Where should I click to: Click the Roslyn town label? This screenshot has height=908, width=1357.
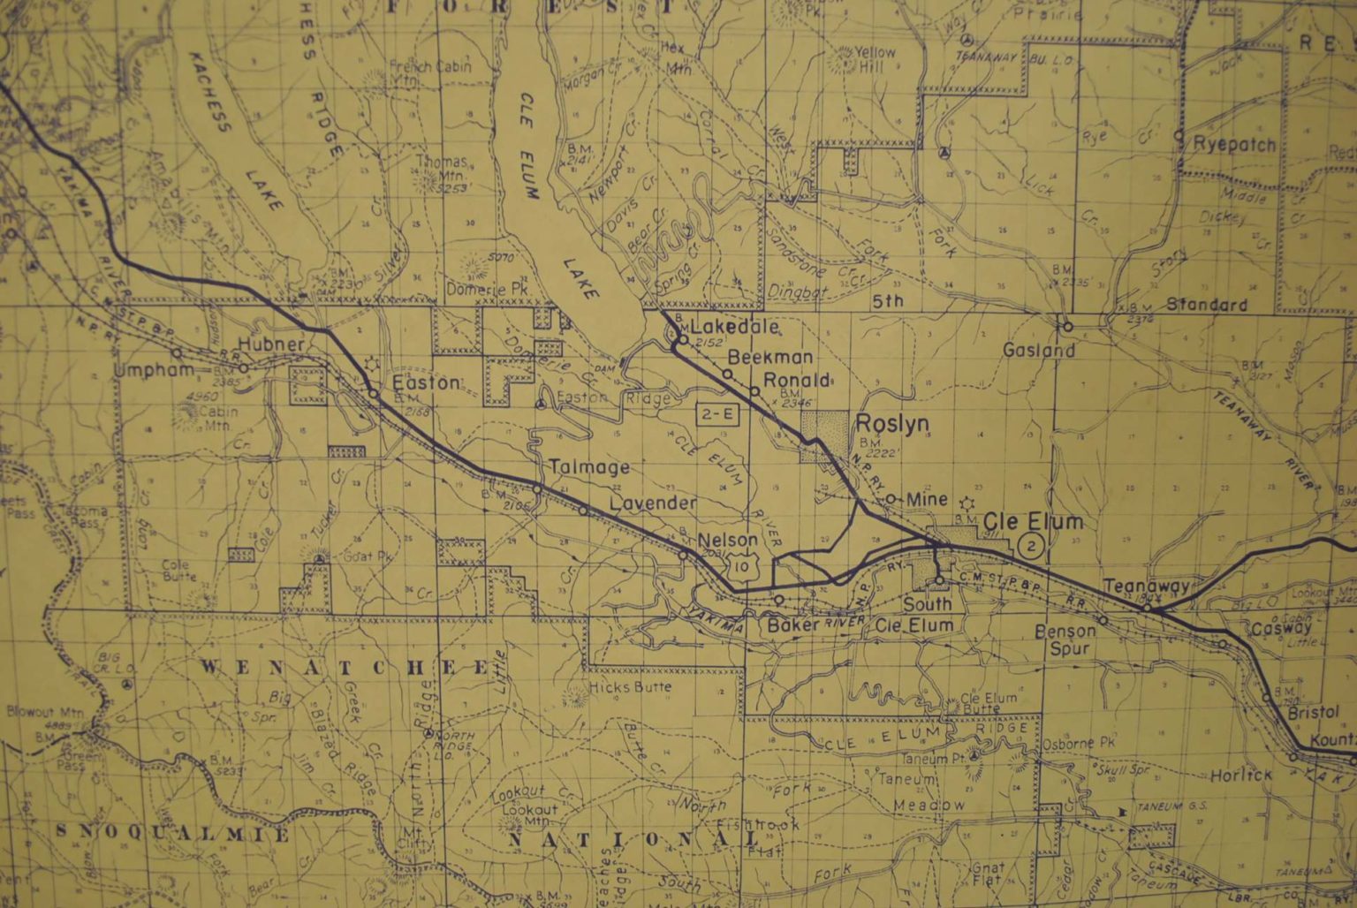(x=892, y=424)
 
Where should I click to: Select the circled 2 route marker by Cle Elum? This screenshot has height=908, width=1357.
(x=1031, y=545)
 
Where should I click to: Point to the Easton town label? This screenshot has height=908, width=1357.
(x=426, y=383)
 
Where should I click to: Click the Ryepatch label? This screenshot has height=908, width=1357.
(x=1234, y=145)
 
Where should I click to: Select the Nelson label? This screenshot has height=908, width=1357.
(x=727, y=541)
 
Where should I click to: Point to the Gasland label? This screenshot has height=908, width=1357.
(x=1039, y=351)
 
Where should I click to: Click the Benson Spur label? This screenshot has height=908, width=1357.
(x=1065, y=639)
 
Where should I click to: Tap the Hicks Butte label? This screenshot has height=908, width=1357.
(x=630, y=686)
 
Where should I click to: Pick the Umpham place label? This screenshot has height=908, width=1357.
(x=154, y=371)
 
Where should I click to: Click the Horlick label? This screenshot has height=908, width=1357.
(x=1240, y=775)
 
